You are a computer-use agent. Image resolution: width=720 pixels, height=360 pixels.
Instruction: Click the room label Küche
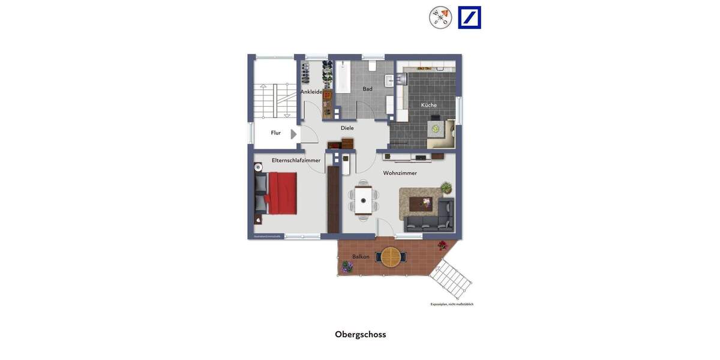[429, 105]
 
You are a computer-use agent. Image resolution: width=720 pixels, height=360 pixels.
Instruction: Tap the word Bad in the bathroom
[367, 89]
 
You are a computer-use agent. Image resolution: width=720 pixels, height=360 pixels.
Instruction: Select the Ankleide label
[311, 92]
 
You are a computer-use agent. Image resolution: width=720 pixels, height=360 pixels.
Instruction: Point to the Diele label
[347, 128]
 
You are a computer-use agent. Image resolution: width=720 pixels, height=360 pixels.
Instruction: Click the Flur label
[276, 133]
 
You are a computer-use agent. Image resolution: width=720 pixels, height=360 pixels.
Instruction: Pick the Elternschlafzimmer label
[296, 160]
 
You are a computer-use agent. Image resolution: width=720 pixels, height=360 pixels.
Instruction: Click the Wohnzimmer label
[400, 173]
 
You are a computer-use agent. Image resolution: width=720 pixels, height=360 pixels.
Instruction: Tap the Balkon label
[361, 257]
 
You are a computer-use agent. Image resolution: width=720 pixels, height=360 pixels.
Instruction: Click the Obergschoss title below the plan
[360, 334]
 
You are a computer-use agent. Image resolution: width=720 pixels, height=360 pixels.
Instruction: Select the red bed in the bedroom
[282, 193]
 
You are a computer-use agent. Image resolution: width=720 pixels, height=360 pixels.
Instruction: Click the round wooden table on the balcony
[391, 257]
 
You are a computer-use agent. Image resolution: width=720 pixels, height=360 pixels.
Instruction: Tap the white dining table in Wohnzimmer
[363, 200]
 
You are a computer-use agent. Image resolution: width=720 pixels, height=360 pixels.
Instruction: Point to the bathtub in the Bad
[342, 76]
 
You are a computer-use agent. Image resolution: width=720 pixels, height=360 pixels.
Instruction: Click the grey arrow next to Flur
[293, 134]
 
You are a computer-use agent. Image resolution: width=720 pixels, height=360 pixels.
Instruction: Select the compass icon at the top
[440, 17]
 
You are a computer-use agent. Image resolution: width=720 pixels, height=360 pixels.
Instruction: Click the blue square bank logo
[469, 17]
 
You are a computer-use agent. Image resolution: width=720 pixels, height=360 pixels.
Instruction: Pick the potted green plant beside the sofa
[446, 188]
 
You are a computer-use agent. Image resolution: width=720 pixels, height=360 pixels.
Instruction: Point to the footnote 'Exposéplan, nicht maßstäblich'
[452, 304]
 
